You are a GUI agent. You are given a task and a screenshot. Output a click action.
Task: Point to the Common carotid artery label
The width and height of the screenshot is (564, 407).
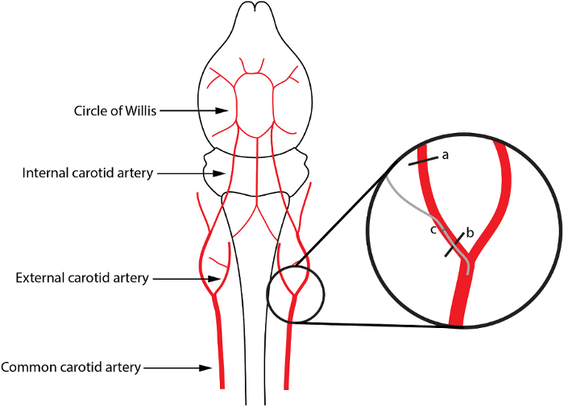[71, 368]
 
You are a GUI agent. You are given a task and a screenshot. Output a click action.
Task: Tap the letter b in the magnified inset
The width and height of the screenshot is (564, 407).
[470, 233]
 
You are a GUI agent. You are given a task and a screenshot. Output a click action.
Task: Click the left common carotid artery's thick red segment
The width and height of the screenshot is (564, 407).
[219, 347]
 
